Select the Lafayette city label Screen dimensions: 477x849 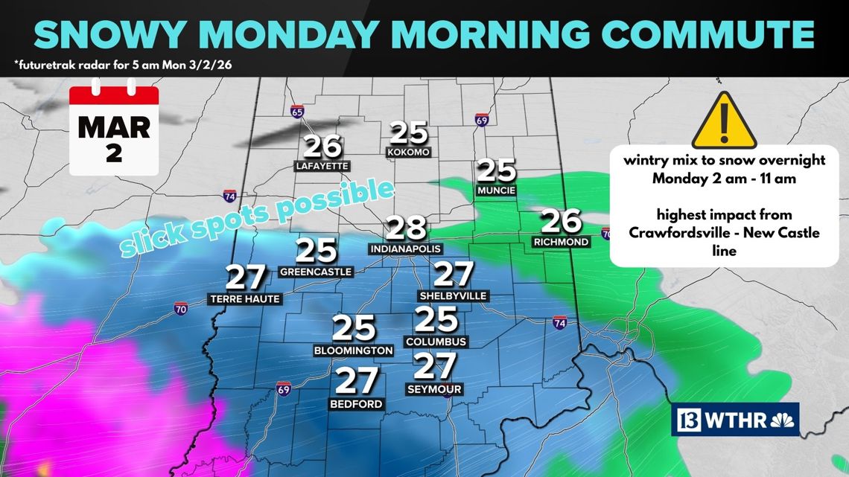[322, 165]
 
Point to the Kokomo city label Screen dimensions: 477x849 [409, 152]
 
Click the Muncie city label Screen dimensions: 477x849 [496, 191]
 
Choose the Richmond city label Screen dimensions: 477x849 [561, 242]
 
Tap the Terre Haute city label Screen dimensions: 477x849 [245, 299]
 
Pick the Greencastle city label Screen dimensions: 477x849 [316, 272]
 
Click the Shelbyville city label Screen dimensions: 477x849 [454, 295]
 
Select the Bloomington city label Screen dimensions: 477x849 [354, 350]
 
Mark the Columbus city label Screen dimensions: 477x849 [436, 342]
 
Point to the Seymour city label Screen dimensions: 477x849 [435, 389]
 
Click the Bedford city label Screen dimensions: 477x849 [356, 404]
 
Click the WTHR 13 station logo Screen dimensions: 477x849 [735, 420]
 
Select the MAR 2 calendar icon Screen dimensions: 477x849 [113, 130]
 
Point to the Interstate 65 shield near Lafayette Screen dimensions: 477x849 [298, 112]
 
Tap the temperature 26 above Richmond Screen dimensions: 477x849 [561, 220]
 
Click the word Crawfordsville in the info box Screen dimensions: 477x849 [676, 233]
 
